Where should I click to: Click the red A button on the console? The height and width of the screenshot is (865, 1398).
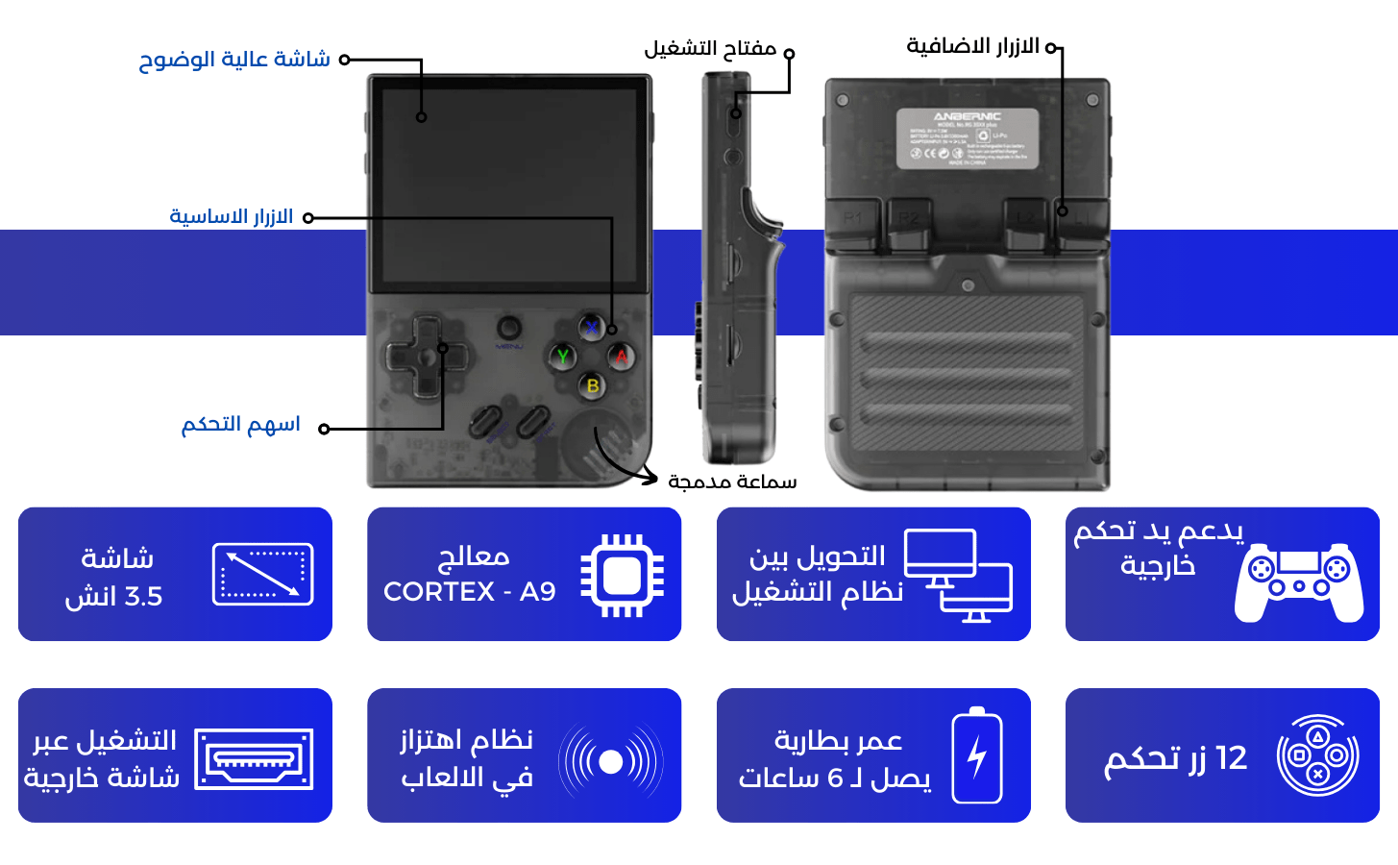coord(622,357)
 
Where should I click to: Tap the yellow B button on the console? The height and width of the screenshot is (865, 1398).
coord(593,385)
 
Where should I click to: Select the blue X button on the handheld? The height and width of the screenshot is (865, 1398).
coord(592,328)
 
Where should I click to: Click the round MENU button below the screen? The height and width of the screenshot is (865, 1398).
coord(510,327)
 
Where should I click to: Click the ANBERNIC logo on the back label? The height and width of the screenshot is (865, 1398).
coord(967,116)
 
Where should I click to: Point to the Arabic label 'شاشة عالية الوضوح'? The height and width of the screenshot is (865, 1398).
coord(234,60)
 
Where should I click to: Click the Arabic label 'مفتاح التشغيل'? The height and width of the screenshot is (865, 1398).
coord(710,48)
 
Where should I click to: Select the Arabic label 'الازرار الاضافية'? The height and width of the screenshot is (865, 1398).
coord(972,46)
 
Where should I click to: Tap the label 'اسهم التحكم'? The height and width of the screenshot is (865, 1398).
coord(241,424)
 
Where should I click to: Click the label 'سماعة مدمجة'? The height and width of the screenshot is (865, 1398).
coord(732,482)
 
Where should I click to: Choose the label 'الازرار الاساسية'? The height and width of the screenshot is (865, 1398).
coord(232,216)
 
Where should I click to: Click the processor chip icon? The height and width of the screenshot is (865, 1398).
coord(623,575)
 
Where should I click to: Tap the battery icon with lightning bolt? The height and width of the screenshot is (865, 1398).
coord(977,755)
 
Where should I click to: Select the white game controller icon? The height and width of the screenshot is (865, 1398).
coord(1298,581)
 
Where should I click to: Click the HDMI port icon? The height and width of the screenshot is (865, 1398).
coord(254,759)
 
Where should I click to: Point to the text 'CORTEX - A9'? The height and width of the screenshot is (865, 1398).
coord(470,592)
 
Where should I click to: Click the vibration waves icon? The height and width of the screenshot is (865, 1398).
coord(611,761)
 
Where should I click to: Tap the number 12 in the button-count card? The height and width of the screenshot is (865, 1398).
coord(1231,758)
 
